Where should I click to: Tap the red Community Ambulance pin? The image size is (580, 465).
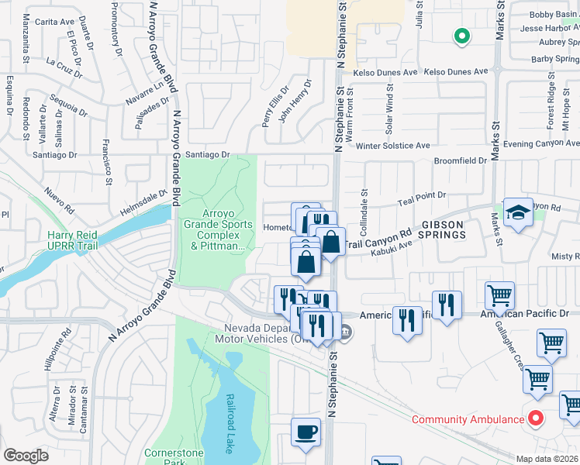pos(535,419)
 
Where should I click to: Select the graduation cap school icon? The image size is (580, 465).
pos(517,212)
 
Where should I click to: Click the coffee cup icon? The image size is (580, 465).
pos(306,432)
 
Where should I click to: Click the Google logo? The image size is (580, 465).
pos(26,455)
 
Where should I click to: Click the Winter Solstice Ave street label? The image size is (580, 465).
pos(392,145)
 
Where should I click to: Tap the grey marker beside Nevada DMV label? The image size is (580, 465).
pos(347,334)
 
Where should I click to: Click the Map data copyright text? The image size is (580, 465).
pos(547,459)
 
